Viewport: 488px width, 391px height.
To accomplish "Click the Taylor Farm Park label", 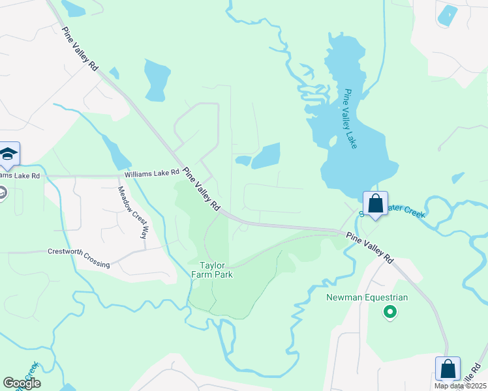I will coord(216,270).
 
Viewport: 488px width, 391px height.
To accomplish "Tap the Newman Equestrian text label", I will coord(367,298).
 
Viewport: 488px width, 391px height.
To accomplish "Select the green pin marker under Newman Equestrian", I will coord(390,313).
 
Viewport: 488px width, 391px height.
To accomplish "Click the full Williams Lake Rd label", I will coord(152,173).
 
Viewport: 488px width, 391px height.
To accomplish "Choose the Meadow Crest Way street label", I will coord(132,212).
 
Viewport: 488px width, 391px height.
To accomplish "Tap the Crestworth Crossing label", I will coord(78,257).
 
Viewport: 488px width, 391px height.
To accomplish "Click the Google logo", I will coord(22,383).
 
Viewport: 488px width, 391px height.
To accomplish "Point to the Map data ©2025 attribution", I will coord(459,386).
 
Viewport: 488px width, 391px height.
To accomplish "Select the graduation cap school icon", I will coord(9,153).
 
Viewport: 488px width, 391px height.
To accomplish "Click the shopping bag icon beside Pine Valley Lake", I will coord(376,203).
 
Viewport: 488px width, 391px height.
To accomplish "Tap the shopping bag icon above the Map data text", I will coord(448,368).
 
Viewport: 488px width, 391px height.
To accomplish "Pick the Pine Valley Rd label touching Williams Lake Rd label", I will coord(202,189).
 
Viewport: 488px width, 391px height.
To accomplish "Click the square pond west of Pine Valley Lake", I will coord(266,156).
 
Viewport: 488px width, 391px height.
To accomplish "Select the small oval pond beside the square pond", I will coord(243,160).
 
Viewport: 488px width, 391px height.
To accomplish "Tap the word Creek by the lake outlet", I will coord(412,212).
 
